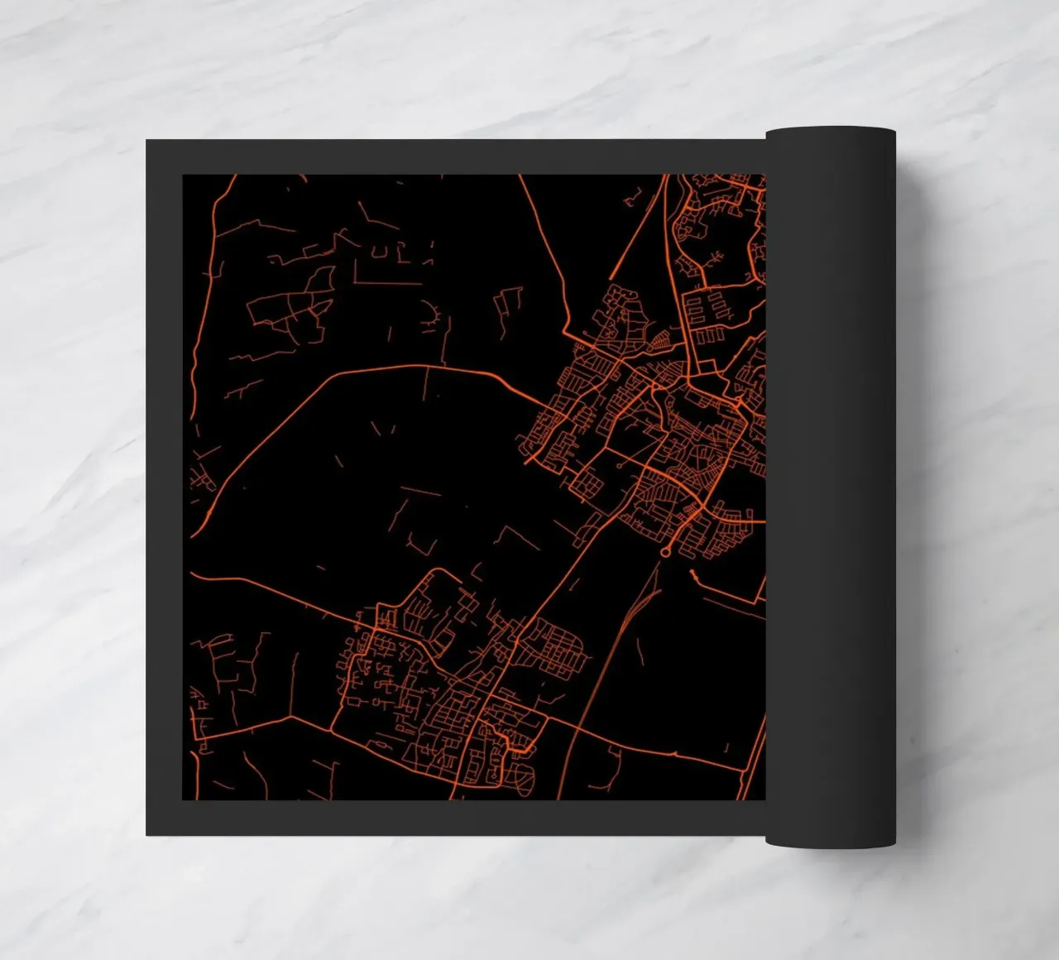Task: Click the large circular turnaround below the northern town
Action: point(664,550)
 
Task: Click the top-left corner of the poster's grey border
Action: point(147,141)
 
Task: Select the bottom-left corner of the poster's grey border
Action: point(147,834)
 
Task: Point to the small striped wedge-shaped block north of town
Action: point(661,340)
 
